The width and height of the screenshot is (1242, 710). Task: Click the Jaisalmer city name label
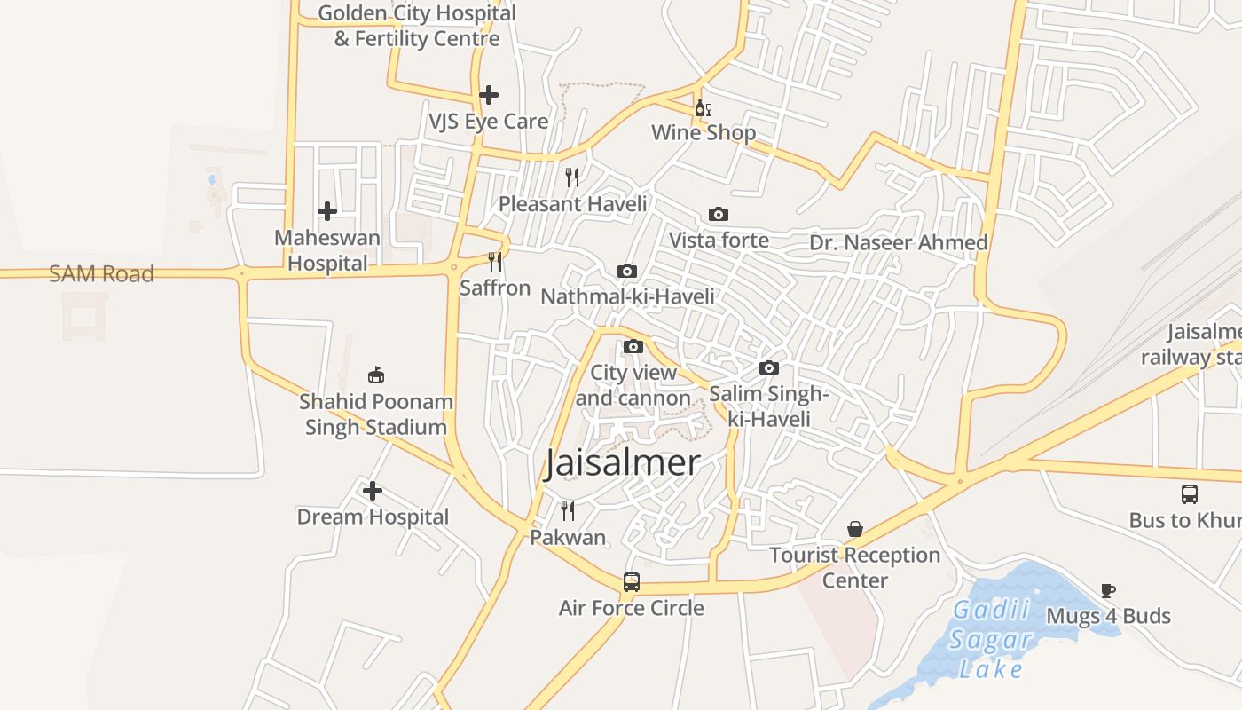coord(622,462)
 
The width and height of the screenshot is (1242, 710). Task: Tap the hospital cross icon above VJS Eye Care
coord(488,94)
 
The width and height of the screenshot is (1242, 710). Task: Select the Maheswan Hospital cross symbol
coord(327,211)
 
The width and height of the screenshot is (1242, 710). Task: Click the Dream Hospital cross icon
coord(373,490)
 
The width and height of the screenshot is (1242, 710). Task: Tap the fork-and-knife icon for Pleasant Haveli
coord(572,177)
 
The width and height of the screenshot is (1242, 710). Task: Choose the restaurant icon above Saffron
coord(495,262)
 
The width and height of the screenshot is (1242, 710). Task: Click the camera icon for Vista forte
coord(719,214)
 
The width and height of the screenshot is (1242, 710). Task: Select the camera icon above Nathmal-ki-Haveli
coord(627,271)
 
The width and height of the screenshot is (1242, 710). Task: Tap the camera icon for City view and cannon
coord(633,346)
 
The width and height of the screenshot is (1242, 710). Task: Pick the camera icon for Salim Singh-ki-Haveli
coord(769,367)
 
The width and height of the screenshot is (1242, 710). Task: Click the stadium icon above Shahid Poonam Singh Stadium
coord(376,375)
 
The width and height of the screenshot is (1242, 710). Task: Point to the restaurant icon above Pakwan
coord(568,510)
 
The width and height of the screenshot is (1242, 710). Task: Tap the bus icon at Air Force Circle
coord(631,582)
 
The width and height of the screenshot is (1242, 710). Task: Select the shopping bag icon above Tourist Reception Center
coord(854,529)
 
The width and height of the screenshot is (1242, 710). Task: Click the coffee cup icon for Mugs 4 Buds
coord(1108,589)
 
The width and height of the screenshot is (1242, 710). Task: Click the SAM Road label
coord(101,273)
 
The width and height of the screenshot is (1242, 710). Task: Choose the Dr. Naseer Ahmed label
coord(898,242)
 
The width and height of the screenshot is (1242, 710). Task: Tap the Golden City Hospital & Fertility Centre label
coord(417,26)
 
